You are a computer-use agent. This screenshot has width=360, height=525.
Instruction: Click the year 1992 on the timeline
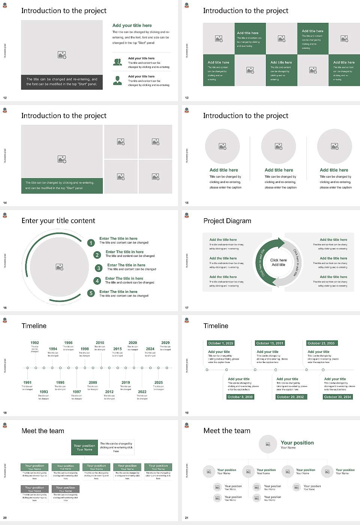[x=34, y=343]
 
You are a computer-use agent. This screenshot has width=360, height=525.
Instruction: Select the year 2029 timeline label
[x=165, y=343]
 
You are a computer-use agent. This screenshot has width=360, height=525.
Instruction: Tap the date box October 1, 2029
[x=220, y=343]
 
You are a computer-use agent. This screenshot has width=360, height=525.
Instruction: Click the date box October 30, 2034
[x=337, y=397]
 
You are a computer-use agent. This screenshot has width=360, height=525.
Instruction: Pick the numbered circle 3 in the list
[x=99, y=268]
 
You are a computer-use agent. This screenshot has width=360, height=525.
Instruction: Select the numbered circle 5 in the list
[x=91, y=293]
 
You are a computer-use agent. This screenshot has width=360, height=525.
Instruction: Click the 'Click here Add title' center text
[x=278, y=262]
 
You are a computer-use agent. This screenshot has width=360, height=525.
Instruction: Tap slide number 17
[x=187, y=308]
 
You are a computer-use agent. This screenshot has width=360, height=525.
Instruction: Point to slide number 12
[x=5, y=98]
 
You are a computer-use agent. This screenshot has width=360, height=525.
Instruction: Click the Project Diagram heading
[x=227, y=221]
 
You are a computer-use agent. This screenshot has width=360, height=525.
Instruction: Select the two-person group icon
[x=117, y=62]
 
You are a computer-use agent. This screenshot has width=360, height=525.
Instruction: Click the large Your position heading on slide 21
[x=297, y=443]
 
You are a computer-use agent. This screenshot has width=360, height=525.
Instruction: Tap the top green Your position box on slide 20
[x=85, y=447]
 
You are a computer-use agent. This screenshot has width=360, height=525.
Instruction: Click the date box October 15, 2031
[x=269, y=343]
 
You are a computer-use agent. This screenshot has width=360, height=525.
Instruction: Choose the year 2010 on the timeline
[x=100, y=343]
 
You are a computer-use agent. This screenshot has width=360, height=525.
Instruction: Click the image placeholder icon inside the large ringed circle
[x=59, y=267]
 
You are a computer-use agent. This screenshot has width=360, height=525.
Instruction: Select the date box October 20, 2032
[x=290, y=397]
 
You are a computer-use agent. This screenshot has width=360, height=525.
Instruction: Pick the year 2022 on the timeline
[x=142, y=391]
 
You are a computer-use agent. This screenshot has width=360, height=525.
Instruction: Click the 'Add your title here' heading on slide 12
[x=132, y=25]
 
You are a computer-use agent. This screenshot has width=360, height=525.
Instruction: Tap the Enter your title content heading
[x=58, y=221]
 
